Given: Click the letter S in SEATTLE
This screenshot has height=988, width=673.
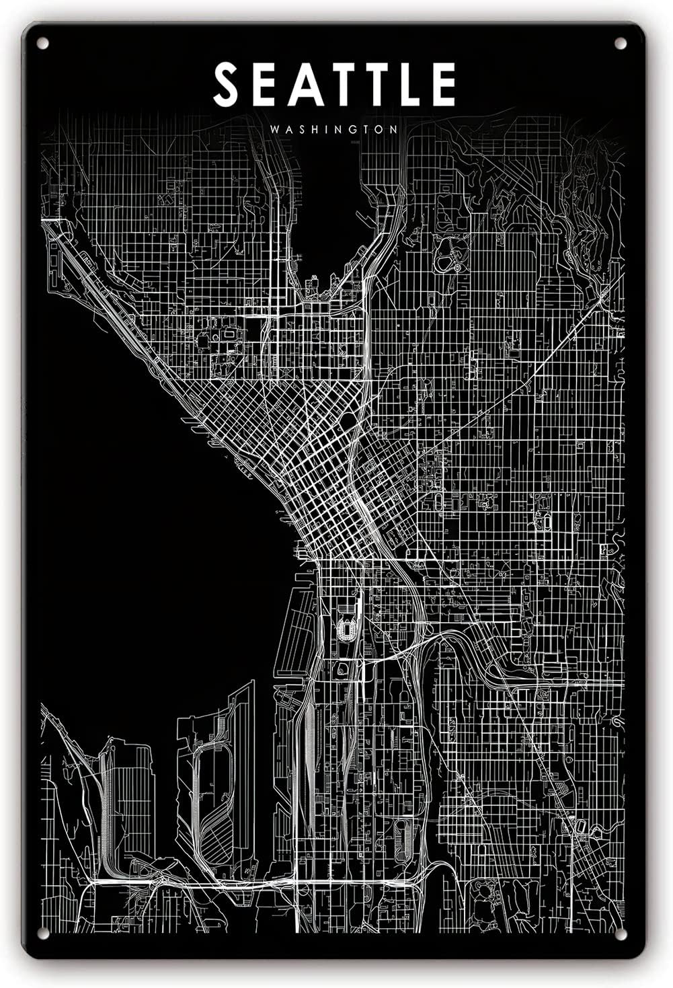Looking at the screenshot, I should (x=227, y=85).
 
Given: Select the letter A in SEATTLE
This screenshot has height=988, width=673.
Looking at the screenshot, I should (x=305, y=85).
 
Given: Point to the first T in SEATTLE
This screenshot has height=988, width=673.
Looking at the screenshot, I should (x=345, y=85).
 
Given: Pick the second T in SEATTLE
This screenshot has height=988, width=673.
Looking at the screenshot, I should (x=381, y=85).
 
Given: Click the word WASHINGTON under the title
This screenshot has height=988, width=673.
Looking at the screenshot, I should (x=334, y=128).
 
